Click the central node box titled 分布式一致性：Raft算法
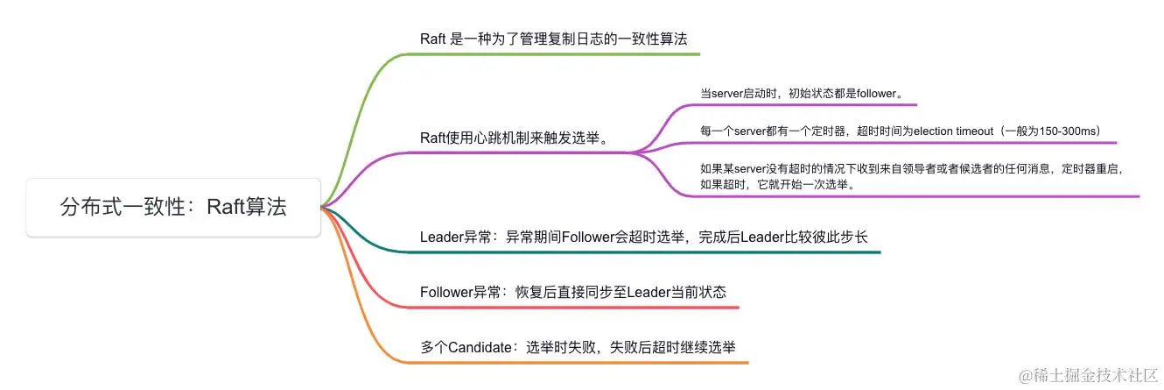pyautogui.click(x=173, y=208)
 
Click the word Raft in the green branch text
pyautogui.click(x=433, y=39)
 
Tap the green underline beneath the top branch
pyautogui.click(x=560, y=54)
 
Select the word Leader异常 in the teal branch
pyautogui.click(x=455, y=237)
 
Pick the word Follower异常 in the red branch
pyautogui.click(x=462, y=292)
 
